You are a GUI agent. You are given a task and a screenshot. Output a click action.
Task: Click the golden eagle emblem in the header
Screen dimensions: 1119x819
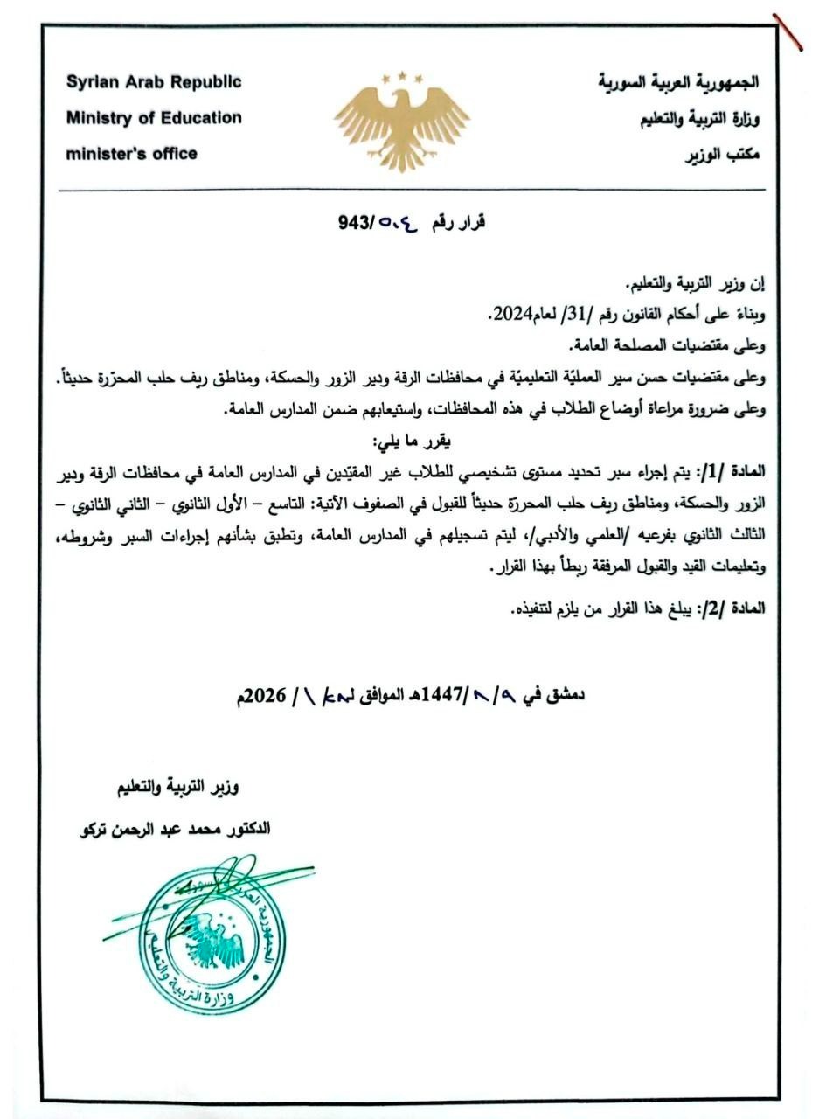[402, 118]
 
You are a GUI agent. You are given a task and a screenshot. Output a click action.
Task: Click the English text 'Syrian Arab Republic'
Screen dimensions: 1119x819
[153, 83]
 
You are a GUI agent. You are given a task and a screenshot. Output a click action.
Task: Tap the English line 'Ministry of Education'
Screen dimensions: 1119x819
[154, 117]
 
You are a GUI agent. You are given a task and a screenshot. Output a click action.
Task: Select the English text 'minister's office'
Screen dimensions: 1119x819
[131, 154]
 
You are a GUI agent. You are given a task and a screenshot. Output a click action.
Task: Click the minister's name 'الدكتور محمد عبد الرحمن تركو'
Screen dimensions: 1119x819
[172, 828]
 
